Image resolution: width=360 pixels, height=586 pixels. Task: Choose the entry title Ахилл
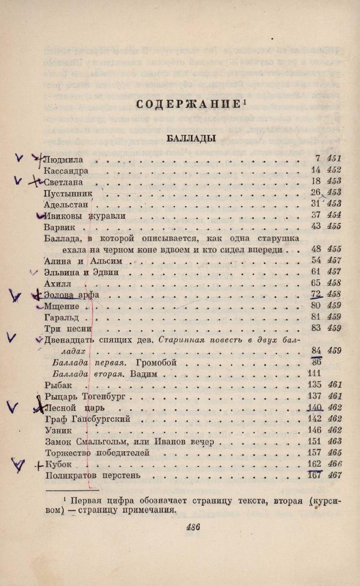(x=58, y=283)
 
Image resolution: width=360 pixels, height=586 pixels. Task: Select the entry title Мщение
(x=62, y=306)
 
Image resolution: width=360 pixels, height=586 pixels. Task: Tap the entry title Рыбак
(x=58, y=385)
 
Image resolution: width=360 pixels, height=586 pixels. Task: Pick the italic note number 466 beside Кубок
(x=334, y=464)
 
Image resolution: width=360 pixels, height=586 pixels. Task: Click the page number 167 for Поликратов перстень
(x=315, y=475)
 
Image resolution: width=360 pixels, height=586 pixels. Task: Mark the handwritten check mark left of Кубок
(x=19, y=467)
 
